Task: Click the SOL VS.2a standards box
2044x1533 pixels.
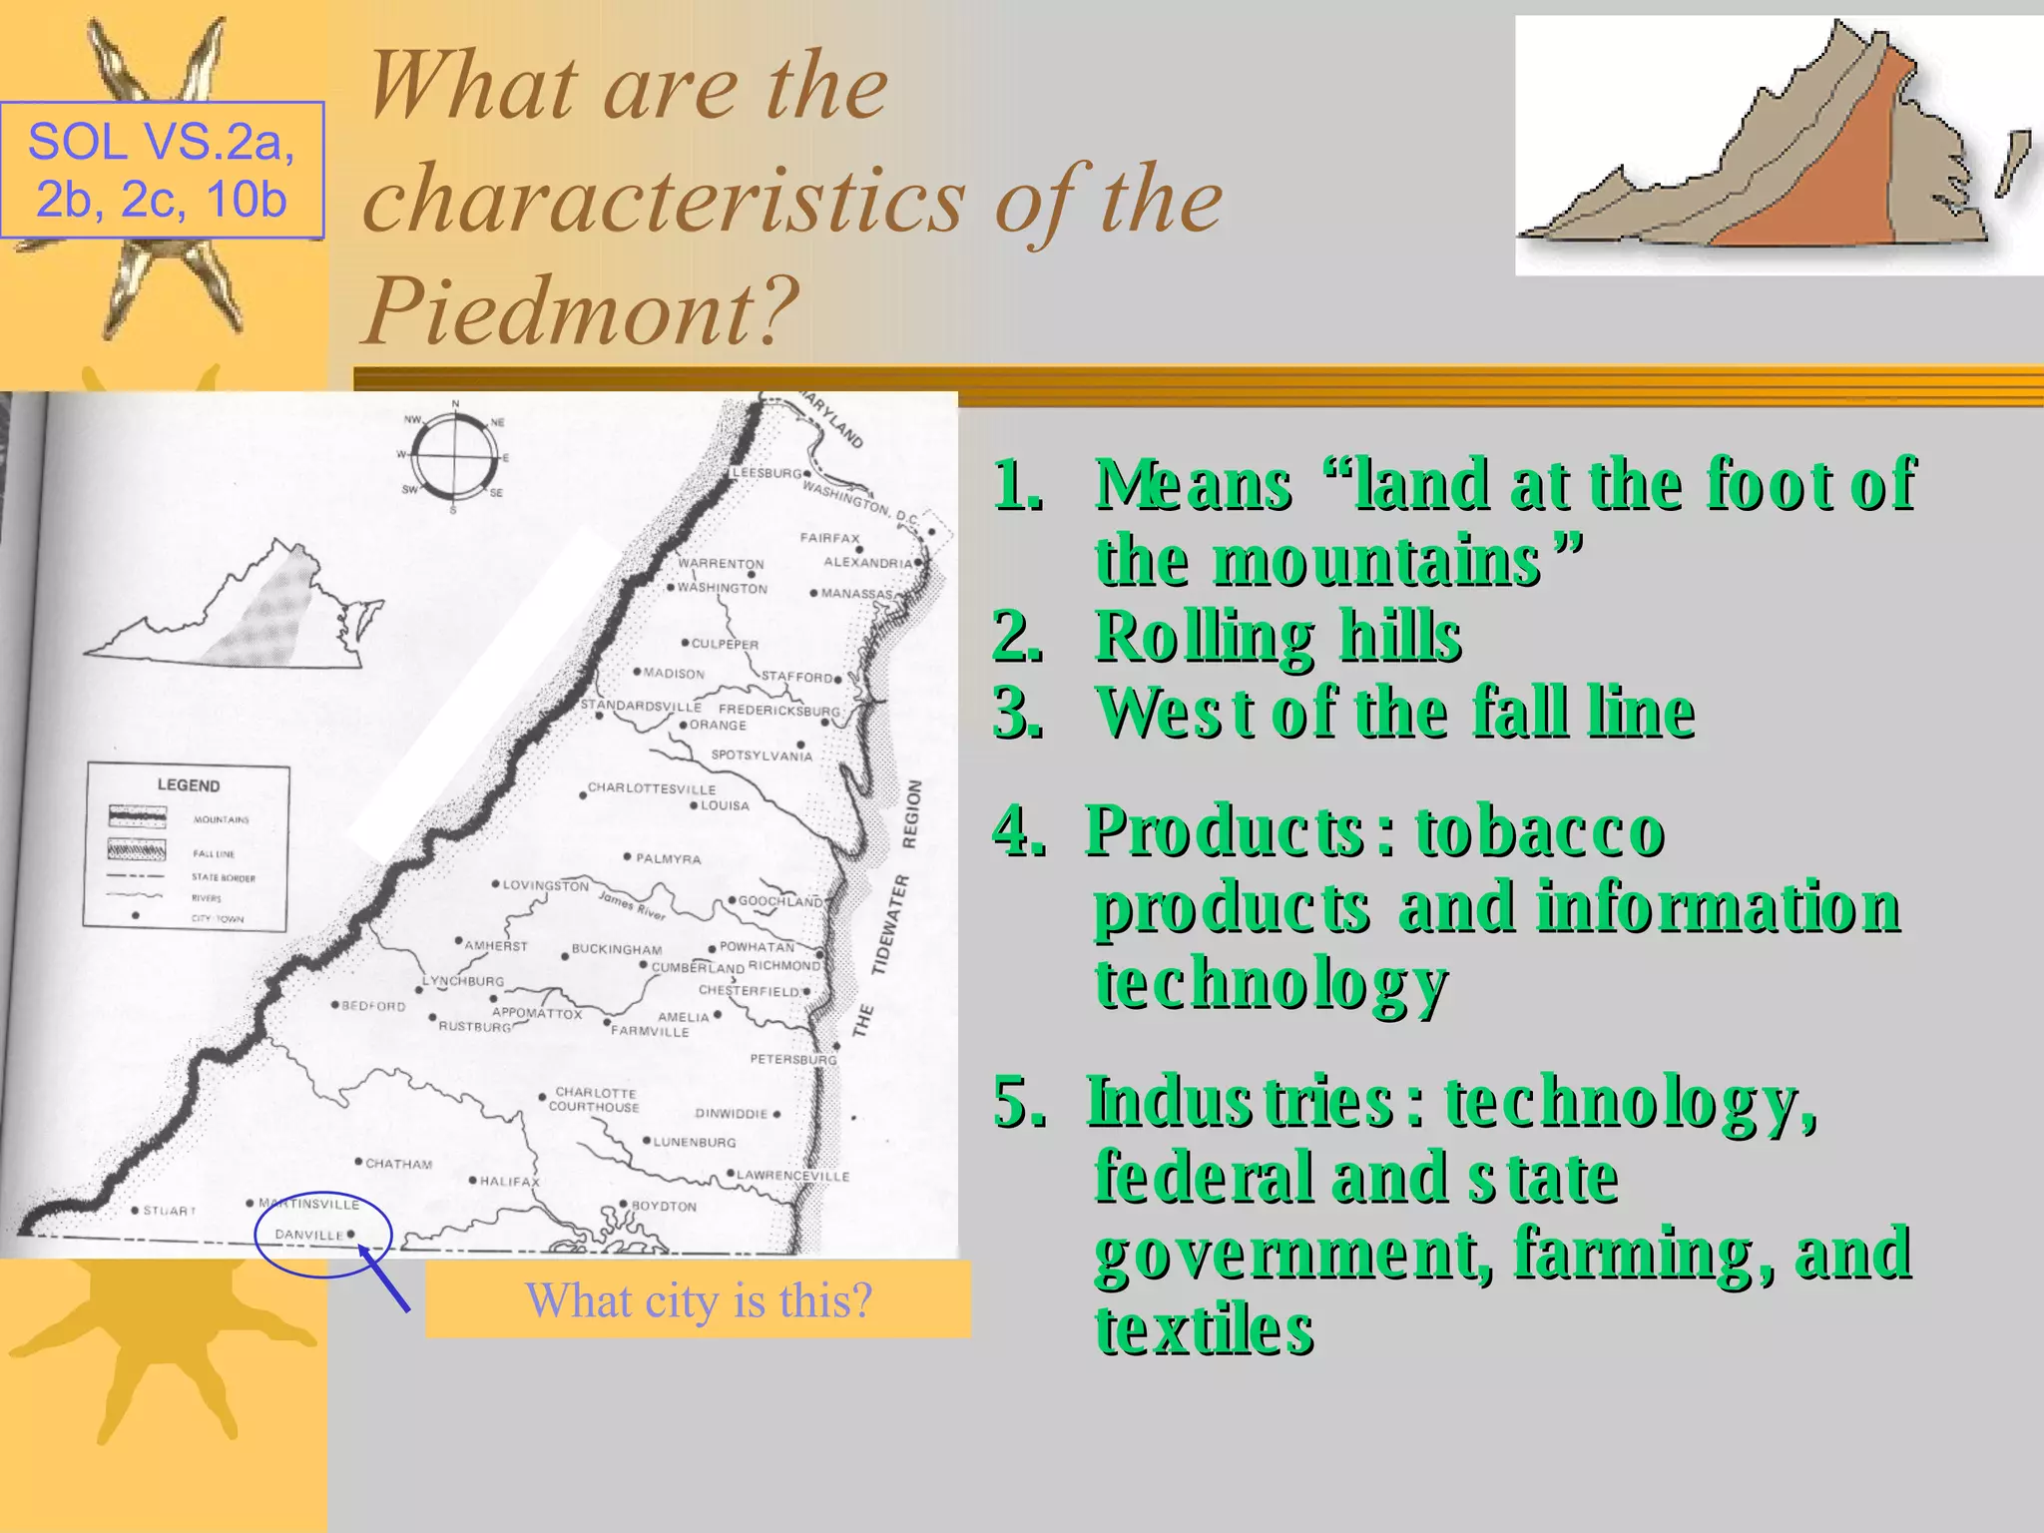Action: (x=162, y=170)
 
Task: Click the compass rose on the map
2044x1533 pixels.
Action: (x=455, y=458)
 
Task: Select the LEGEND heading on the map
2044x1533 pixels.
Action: (x=188, y=785)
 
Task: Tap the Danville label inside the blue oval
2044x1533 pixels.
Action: (x=308, y=1235)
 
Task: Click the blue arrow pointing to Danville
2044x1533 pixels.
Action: (x=384, y=1278)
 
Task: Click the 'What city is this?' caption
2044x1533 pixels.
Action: (x=698, y=1299)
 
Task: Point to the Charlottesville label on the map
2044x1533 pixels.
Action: (x=651, y=788)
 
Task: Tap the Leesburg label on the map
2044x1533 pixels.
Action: (x=766, y=472)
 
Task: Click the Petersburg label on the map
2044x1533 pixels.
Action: (x=792, y=1059)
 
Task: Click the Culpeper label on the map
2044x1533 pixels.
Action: (x=725, y=645)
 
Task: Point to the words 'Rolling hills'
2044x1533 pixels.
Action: (x=1277, y=636)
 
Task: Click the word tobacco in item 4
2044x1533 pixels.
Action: (x=1538, y=831)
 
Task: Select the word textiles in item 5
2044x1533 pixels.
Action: (x=1204, y=1330)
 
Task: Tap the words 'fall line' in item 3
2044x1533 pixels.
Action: (x=1583, y=713)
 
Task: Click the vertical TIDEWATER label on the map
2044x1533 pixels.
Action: (x=889, y=923)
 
